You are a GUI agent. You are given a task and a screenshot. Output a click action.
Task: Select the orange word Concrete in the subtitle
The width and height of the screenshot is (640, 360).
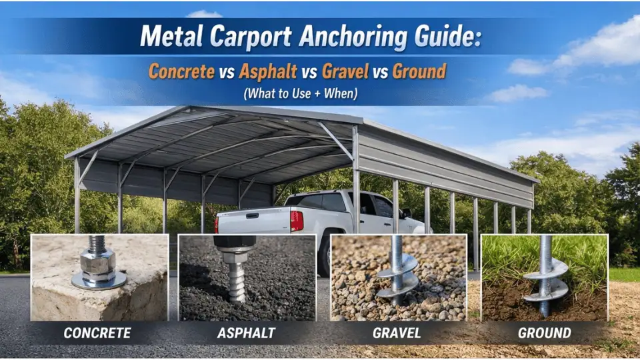[182, 71]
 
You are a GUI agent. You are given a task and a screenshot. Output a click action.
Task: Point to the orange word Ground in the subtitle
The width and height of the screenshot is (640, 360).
[419, 71]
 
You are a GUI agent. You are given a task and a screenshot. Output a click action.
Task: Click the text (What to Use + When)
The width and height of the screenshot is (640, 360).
[300, 94]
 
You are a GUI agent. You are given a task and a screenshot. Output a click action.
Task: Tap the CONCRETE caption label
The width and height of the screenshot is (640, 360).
[98, 333]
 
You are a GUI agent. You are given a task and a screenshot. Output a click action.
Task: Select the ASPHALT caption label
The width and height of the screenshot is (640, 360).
[247, 333]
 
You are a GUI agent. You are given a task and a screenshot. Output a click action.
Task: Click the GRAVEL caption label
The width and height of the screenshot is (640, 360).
[397, 333]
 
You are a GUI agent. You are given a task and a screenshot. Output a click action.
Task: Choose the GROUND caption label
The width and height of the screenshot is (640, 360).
[544, 333]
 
